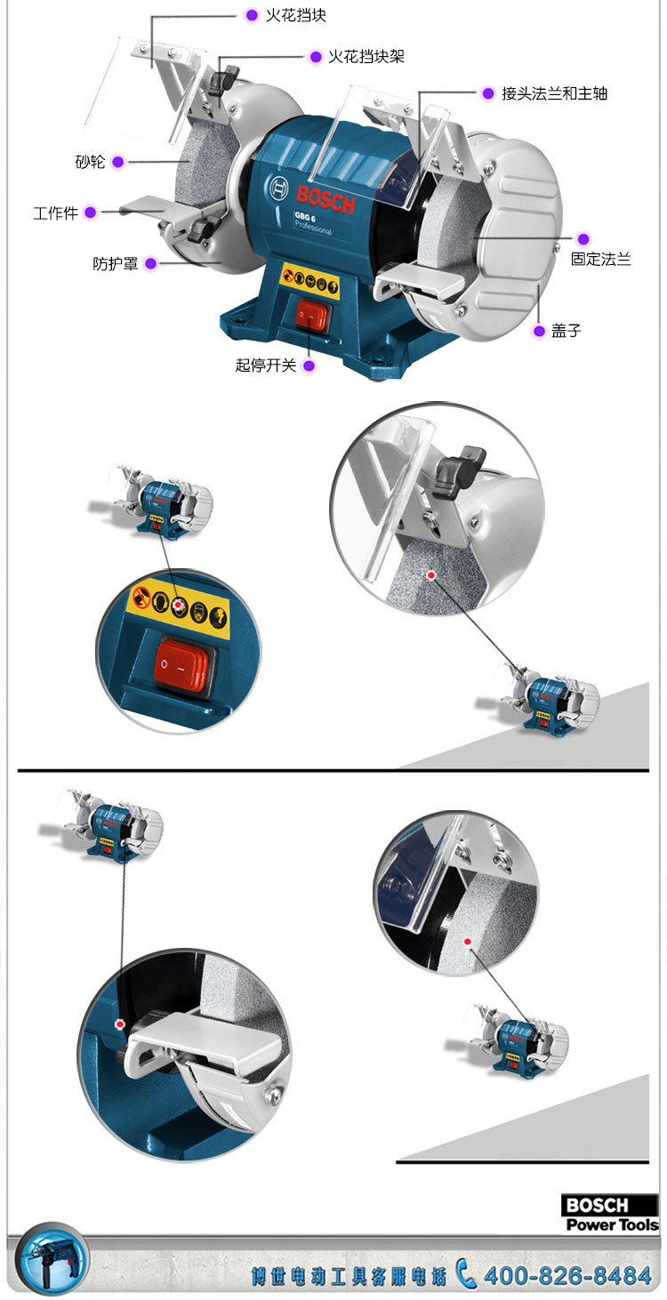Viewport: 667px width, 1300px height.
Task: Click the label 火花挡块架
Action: click(x=366, y=56)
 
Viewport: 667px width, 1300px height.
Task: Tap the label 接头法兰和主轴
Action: click(x=554, y=93)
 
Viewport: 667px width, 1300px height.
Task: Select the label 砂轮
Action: click(x=90, y=161)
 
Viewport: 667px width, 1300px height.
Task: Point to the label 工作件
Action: click(x=55, y=213)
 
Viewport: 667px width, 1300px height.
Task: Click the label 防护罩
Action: click(x=115, y=263)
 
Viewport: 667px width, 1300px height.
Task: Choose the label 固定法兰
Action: click(x=601, y=259)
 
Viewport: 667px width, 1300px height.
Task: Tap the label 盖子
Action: click(x=566, y=331)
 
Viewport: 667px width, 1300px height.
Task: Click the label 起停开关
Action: click(x=265, y=365)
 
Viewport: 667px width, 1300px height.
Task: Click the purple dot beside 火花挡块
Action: click(x=252, y=15)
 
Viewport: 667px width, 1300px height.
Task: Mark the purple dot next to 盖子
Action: click(x=539, y=331)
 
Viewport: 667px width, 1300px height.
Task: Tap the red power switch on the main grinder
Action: click(x=312, y=317)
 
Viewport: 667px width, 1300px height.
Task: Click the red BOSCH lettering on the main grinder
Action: click(x=325, y=200)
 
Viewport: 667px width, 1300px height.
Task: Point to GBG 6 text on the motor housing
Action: click(x=305, y=216)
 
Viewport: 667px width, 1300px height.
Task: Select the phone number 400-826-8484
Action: click(x=567, y=1276)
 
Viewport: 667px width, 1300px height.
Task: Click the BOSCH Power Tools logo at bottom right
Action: click(x=610, y=1213)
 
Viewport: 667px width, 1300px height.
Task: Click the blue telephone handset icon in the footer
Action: click(x=465, y=1273)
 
